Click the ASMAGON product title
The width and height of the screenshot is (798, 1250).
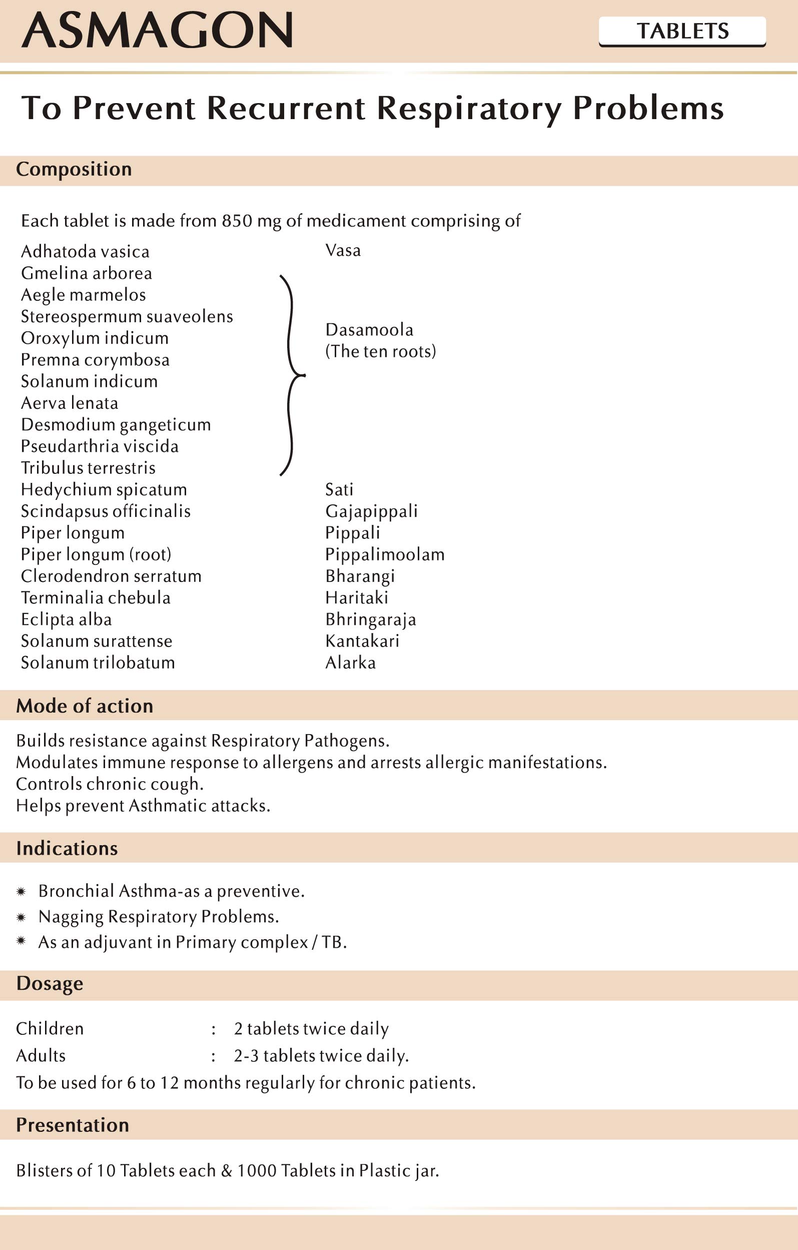click(x=157, y=31)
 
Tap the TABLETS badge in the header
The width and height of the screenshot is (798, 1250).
click(x=682, y=31)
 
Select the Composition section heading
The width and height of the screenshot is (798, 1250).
click(x=74, y=169)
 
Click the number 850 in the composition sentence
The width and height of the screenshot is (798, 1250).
click(x=237, y=221)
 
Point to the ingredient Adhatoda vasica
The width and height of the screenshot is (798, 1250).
click(x=85, y=252)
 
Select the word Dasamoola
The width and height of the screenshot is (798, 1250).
click(x=369, y=330)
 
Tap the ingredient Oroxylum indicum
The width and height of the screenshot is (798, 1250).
click(x=95, y=338)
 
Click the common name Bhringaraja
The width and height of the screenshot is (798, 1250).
click(x=370, y=619)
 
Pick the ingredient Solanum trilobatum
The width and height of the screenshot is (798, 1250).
click(x=98, y=663)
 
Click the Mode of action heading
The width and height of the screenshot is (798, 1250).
click(x=85, y=706)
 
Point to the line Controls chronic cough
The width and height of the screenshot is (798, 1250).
click(x=110, y=784)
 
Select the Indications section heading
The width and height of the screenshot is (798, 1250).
click(x=67, y=848)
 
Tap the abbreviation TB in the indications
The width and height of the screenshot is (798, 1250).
click(x=332, y=942)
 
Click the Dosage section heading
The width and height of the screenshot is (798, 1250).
click(x=50, y=984)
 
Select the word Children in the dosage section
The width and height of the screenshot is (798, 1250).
click(x=50, y=1028)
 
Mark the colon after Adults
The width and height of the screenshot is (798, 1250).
click(x=213, y=1056)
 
